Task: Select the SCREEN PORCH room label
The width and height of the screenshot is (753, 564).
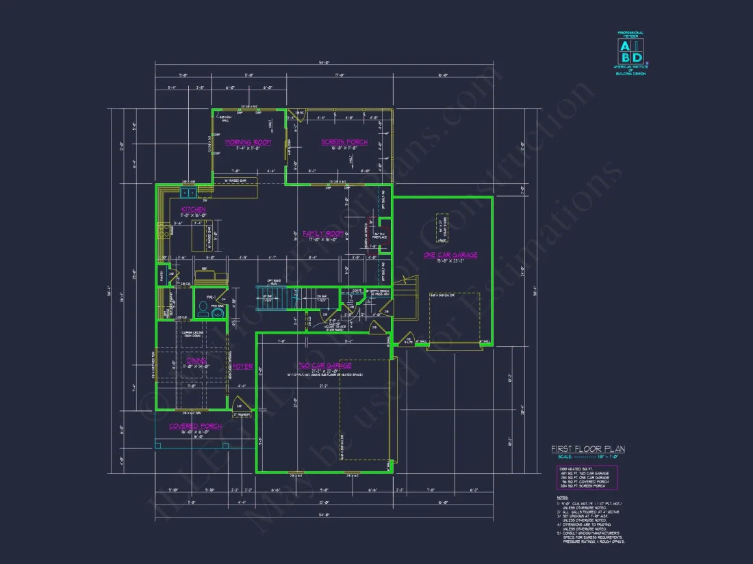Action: (x=344, y=142)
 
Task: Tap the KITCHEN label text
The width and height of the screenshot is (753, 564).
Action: (x=193, y=209)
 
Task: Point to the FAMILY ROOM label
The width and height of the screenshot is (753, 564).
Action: (x=322, y=234)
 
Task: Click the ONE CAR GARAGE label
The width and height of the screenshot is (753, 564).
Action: (x=450, y=255)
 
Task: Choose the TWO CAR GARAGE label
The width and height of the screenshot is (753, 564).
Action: (x=324, y=366)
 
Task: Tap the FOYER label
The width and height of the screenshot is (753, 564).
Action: (x=242, y=366)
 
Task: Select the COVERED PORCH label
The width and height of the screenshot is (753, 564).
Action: (x=196, y=426)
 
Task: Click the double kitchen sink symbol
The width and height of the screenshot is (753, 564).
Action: (x=188, y=193)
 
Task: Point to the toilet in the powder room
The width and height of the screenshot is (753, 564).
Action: (x=202, y=308)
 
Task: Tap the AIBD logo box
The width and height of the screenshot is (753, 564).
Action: (x=631, y=52)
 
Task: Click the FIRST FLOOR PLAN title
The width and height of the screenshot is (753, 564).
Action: (x=587, y=449)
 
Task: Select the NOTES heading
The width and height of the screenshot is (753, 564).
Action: (x=562, y=497)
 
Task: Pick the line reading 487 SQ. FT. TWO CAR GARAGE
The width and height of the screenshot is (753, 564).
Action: (x=586, y=473)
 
